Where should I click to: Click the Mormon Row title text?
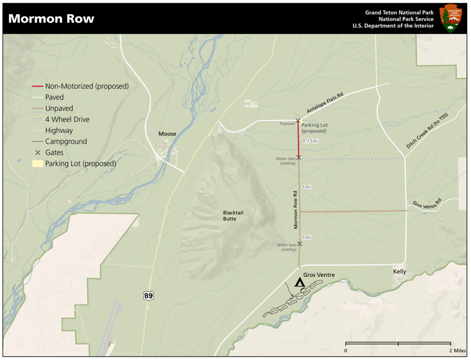tap(51, 19)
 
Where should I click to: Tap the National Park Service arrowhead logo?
tap(450, 18)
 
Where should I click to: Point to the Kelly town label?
tap(400, 271)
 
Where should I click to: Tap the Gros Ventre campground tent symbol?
tap(299, 282)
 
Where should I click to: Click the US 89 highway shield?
tap(148, 295)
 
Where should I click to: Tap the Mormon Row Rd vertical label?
tap(294, 209)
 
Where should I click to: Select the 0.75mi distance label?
tap(310, 142)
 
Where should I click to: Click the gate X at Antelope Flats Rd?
tap(298, 120)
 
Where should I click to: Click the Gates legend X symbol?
tap(37, 152)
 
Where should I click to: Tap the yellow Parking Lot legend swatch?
tap(37, 163)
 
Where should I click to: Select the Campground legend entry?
tap(65, 142)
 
